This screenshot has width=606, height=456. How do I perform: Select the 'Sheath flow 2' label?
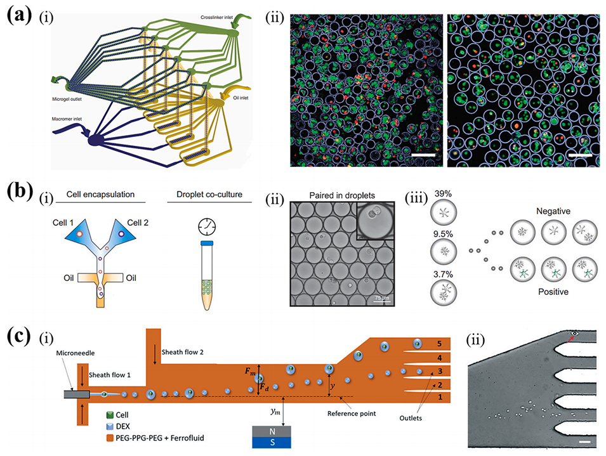(x=185, y=349)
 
